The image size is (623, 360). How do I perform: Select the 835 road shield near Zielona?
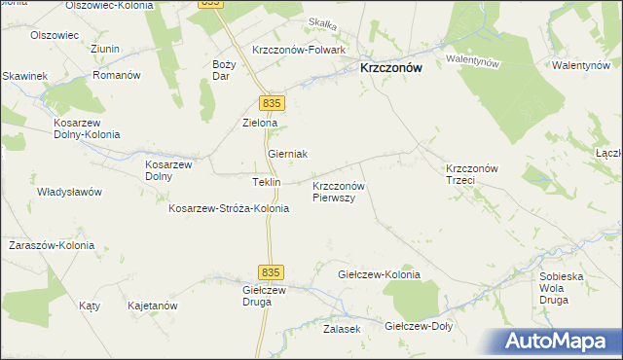point(272,103)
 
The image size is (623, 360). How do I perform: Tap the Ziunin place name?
point(104,49)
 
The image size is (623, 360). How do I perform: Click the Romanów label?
point(118,75)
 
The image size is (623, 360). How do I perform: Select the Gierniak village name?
point(287,155)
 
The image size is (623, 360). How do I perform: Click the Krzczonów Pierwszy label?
point(338,191)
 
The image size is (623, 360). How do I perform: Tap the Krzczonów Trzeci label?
point(472,174)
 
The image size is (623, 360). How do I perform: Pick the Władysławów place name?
point(69,192)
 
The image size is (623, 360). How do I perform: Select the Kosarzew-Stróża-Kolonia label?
point(229,208)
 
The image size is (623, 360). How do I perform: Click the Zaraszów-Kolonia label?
point(52,245)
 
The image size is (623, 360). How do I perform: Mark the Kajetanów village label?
point(152,306)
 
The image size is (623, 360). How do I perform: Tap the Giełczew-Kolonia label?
point(379,274)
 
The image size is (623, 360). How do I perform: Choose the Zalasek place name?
point(342,330)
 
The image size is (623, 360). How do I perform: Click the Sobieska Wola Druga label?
point(567,288)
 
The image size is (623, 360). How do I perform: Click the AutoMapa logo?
point(560,340)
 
